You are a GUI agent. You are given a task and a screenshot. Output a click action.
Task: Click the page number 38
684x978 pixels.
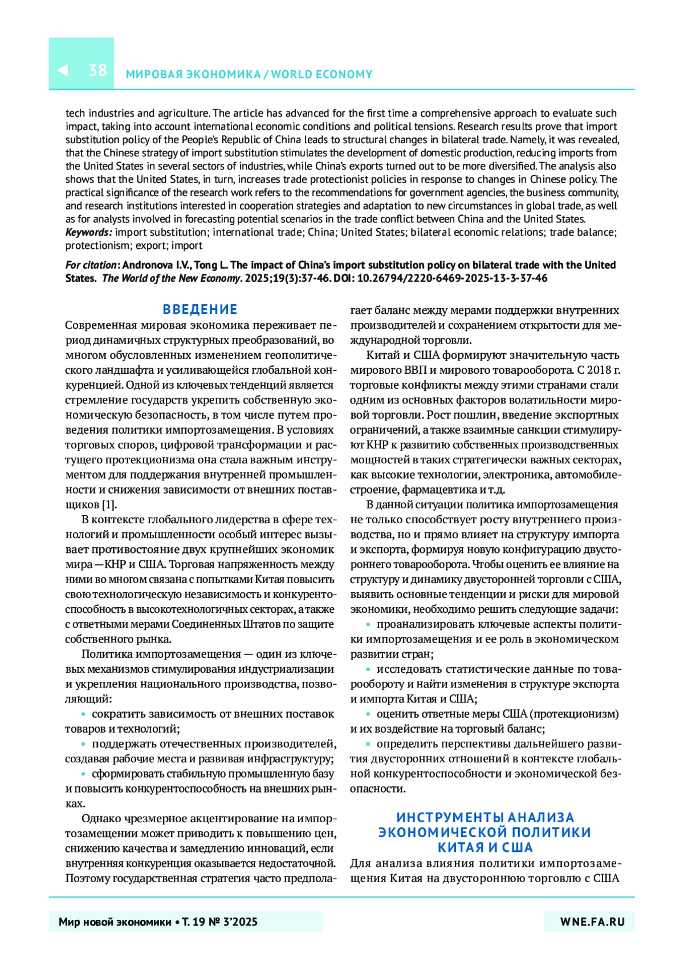[x=97, y=70]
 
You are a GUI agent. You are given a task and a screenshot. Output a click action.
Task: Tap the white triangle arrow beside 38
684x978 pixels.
[x=63, y=70]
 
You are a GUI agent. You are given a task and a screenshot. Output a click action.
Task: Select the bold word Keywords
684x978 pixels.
[x=88, y=232]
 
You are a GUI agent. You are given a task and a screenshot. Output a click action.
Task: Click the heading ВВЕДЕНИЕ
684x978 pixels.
[x=200, y=309]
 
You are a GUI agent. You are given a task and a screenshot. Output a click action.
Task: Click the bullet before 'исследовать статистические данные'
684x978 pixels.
[x=368, y=669]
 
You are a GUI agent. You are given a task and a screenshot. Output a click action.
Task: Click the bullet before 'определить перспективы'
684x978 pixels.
[x=368, y=744]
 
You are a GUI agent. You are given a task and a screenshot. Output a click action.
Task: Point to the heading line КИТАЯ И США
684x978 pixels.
[x=485, y=847]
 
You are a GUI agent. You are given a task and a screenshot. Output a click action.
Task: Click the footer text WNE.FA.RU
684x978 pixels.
[x=592, y=922]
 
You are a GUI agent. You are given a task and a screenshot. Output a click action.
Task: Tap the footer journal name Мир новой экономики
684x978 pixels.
[x=115, y=922]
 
